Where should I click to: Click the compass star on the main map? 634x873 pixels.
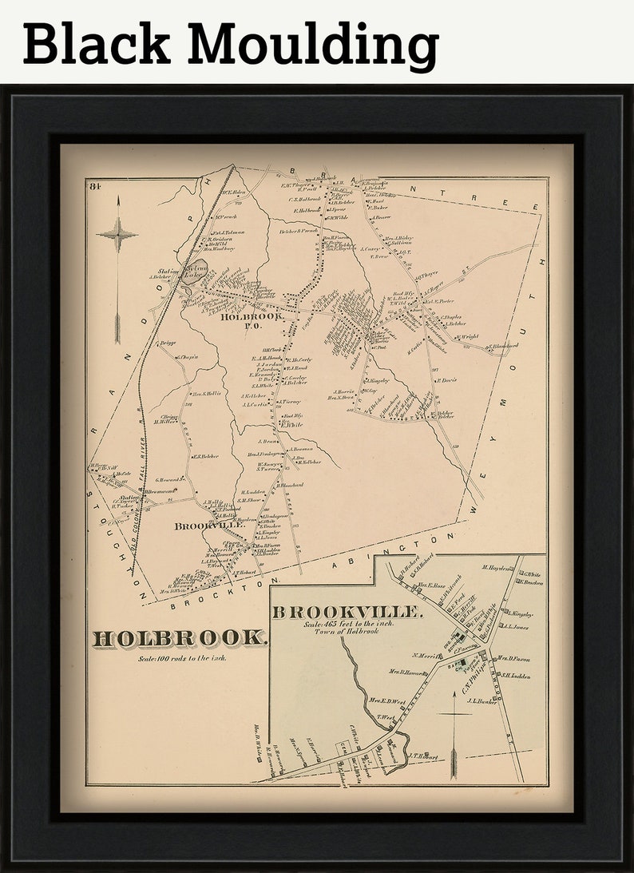[117, 234]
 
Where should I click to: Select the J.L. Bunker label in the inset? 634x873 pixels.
[481, 701]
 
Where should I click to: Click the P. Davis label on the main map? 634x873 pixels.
[445, 380]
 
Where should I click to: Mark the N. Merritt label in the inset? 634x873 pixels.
[426, 657]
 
